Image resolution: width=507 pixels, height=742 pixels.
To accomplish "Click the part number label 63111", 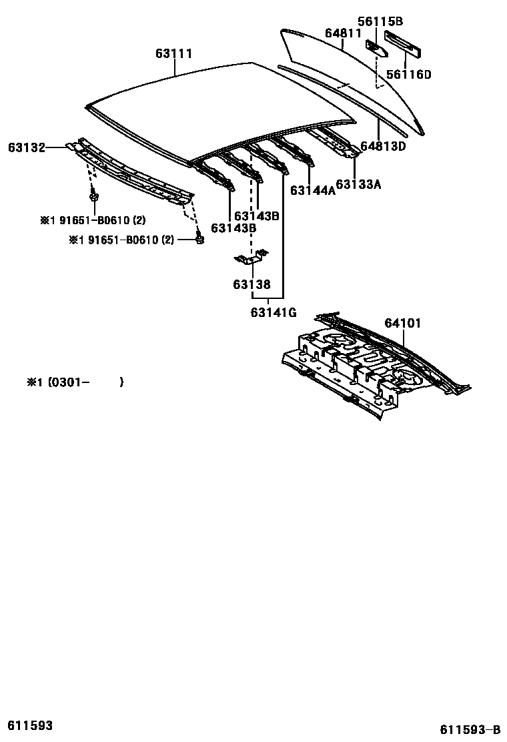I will (x=174, y=53).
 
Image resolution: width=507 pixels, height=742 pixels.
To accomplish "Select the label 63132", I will (x=26, y=147).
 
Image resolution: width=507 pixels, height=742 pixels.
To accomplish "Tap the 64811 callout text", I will (x=343, y=33).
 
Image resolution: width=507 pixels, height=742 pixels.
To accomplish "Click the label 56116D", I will (x=409, y=74).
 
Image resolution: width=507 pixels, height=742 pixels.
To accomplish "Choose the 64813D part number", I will (x=383, y=146).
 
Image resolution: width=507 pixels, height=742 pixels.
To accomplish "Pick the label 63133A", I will (x=358, y=184).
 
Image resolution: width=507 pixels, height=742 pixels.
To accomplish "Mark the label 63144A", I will (x=313, y=190).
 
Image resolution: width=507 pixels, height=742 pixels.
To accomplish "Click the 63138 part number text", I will (x=251, y=285).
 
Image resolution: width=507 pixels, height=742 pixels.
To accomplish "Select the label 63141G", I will (x=274, y=312).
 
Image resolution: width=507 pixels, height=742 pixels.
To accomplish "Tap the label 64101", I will (x=402, y=324).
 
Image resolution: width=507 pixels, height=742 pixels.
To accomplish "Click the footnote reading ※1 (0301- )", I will (x=75, y=382).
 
